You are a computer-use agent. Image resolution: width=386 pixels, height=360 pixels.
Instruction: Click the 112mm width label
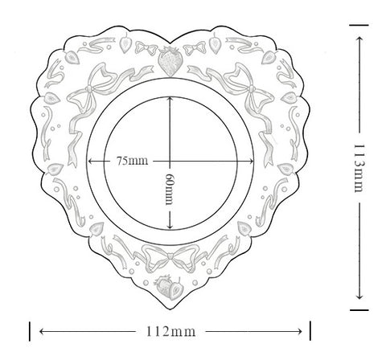pos(170,332)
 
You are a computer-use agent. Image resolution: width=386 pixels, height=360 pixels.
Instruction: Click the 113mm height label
pos(359,168)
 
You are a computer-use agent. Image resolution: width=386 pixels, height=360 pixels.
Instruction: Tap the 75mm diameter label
pos(132,161)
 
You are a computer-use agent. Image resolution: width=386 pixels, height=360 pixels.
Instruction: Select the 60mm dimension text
pos(169,189)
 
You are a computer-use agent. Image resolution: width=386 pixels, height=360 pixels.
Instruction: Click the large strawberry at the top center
pos(170,61)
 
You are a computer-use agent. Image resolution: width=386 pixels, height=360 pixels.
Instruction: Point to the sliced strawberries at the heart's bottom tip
pos(169,288)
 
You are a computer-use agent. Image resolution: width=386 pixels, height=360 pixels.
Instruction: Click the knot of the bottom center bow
pos(170,256)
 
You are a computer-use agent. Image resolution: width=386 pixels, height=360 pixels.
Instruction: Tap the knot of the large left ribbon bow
pos(88,88)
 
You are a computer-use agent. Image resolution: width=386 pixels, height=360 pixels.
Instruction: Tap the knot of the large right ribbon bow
pos(252,88)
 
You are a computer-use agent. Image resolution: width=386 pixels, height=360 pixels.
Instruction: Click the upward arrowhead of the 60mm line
pos(170,99)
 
